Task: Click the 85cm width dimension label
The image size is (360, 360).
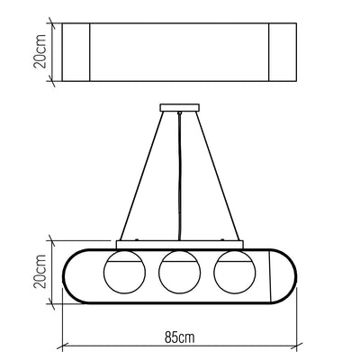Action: pyautogui.click(x=179, y=337)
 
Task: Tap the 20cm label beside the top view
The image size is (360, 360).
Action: pyautogui.click(x=40, y=51)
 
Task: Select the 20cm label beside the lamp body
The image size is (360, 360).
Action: pyautogui.click(x=40, y=272)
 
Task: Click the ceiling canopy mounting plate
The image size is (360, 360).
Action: pyautogui.click(x=180, y=108)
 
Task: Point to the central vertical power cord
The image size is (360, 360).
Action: pyautogui.click(x=179, y=176)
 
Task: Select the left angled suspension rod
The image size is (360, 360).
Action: pyautogui.click(x=142, y=176)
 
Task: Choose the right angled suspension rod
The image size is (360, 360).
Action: pyautogui.click(x=218, y=176)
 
